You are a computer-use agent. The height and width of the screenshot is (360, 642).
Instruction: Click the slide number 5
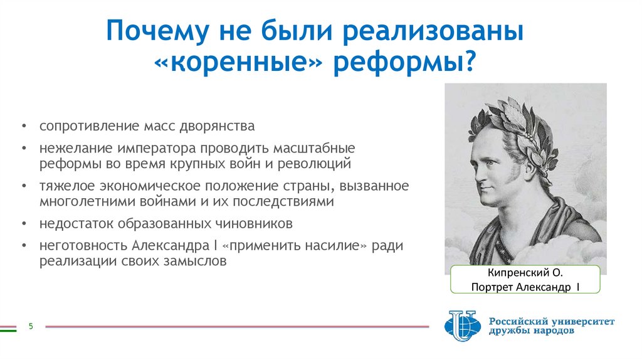pos(30,326)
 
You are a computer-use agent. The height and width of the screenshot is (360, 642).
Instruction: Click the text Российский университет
pos(552,321)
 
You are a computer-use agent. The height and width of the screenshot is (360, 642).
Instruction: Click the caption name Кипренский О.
pos(525,274)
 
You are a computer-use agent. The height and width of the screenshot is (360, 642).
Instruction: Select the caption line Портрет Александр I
pos(525,287)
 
